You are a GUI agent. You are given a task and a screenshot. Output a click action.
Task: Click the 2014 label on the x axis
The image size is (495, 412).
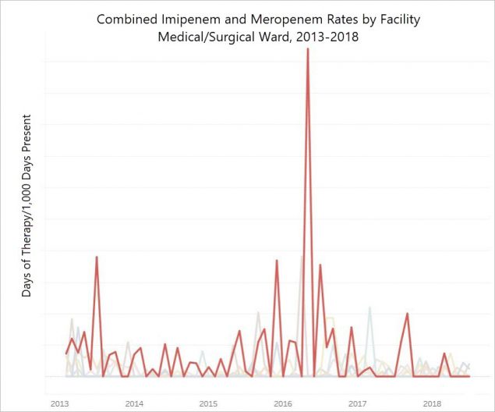click(133, 403)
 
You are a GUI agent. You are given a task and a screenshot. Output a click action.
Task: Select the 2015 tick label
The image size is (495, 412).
click(208, 403)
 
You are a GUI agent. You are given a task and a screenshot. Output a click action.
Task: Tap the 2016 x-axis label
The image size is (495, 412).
click(282, 403)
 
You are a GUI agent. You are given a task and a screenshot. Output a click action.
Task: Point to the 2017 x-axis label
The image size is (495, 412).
click(357, 403)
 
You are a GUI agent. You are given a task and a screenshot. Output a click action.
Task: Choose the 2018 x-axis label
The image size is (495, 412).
click(431, 403)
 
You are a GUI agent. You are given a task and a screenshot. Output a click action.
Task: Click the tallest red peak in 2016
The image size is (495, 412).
click(308, 49)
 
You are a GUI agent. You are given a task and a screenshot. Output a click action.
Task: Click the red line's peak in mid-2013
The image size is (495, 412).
click(97, 257)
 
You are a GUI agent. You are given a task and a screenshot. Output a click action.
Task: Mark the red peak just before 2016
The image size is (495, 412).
click(277, 261)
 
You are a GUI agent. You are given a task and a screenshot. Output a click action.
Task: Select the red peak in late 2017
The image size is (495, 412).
click(408, 314)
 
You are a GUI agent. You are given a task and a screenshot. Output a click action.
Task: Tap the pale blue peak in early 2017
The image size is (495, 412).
click(369, 307)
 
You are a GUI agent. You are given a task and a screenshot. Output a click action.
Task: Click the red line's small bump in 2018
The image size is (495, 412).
click(444, 353)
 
